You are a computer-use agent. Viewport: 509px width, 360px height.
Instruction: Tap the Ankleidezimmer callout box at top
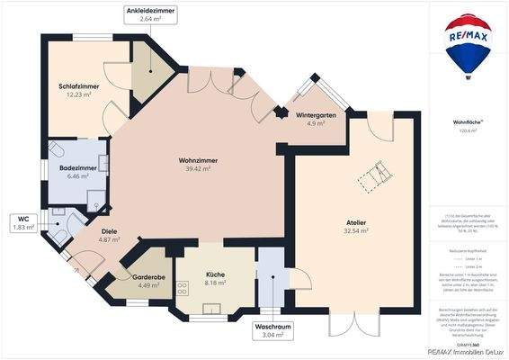(150, 13)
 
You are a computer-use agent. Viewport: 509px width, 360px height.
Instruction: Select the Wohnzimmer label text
(197, 160)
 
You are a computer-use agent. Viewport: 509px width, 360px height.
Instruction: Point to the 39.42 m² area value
(197, 168)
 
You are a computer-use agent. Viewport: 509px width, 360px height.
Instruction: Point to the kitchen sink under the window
(211, 308)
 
